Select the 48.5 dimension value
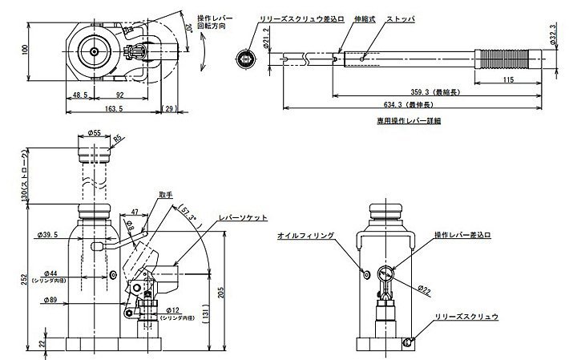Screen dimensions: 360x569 79,95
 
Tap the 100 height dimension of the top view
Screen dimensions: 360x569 25,51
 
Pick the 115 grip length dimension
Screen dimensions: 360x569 508,80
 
